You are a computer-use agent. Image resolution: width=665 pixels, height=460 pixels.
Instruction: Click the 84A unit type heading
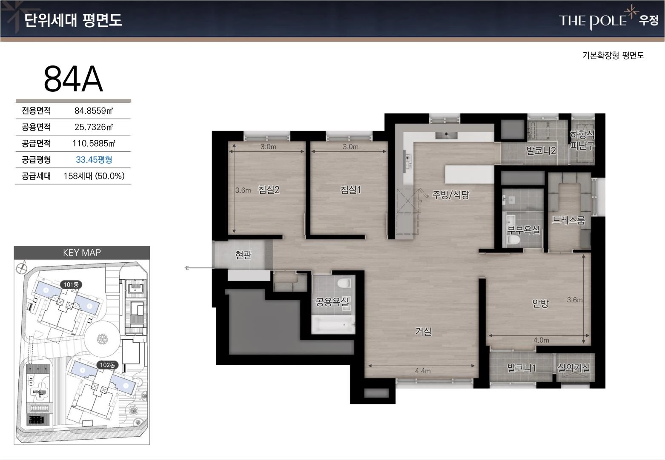73,79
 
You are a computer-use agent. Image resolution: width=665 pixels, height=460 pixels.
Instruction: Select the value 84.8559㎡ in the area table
94,111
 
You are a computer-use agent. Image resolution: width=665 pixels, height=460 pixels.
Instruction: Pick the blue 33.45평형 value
94,160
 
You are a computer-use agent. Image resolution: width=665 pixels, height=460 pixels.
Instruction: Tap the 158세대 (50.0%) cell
94,176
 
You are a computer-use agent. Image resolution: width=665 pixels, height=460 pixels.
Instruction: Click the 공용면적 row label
36,127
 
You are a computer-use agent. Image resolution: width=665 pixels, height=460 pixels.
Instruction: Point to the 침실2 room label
269,190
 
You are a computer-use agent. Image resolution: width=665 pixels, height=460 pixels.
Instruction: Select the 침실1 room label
350,190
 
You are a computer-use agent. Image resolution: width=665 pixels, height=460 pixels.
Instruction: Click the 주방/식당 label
451,195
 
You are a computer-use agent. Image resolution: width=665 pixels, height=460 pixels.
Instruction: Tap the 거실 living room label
423,331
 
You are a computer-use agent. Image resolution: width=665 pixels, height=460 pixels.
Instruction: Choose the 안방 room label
540,303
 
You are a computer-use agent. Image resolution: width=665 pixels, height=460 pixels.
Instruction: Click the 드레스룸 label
568,220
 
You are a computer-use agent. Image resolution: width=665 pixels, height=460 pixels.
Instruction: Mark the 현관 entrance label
243,255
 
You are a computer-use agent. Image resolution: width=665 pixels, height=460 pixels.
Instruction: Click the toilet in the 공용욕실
344,283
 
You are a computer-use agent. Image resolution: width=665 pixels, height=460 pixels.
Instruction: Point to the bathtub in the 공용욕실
333,325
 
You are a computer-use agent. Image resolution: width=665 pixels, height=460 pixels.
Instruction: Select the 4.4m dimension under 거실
423,371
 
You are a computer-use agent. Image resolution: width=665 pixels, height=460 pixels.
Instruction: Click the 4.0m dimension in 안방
541,340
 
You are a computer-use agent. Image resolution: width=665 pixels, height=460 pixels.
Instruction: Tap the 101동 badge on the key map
71,285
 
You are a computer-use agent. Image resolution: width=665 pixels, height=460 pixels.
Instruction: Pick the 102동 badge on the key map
107,365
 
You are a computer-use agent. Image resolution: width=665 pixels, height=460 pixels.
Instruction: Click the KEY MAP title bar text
82,253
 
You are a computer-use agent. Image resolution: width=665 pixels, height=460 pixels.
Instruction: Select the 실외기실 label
573,368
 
